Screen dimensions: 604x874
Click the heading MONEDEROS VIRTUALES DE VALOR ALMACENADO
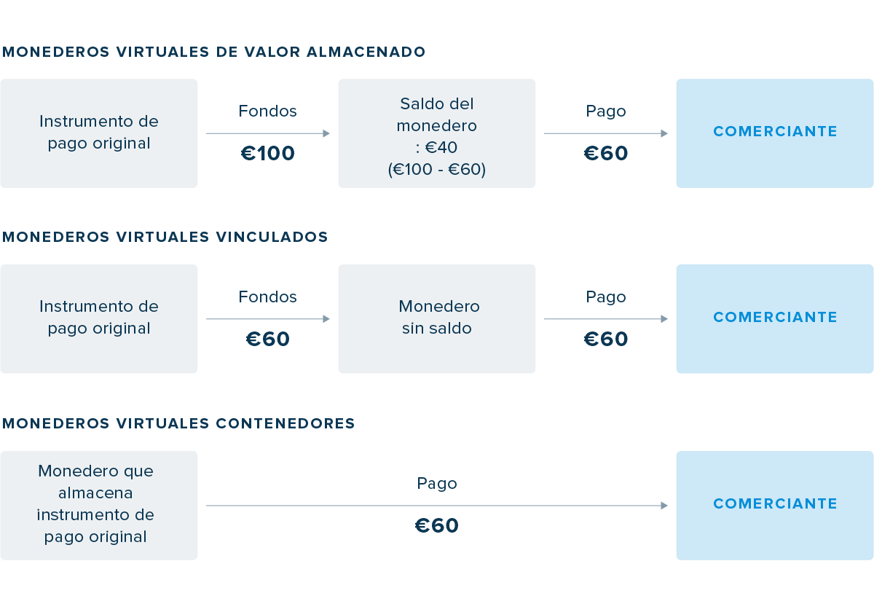(x=213, y=52)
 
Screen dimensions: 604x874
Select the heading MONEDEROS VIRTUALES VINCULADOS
(x=165, y=238)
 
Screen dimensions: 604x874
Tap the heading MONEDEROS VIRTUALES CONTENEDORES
(x=178, y=423)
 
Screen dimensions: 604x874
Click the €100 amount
(x=267, y=154)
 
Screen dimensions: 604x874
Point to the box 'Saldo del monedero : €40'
(x=436, y=133)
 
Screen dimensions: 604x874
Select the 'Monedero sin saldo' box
(x=436, y=318)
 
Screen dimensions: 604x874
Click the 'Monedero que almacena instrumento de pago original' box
(x=98, y=505)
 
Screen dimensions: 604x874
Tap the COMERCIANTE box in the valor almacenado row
(x=774, y=133)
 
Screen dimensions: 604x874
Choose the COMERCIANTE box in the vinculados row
(x=774, y=318)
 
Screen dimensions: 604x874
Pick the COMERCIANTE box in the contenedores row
(x=774, y=505)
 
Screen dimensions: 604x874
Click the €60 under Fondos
(x=267, y=340)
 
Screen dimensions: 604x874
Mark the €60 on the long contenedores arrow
(x=436, y=526)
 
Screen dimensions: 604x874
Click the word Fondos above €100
(x=267, y=111)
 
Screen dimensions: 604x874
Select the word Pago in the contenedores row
(x=436, y=484)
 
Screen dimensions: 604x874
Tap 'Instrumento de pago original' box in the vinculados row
(x=98, y=318)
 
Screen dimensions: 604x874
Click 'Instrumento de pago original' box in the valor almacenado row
(x=98, y=133)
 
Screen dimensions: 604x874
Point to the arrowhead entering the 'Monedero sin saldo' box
(x=326, y=319)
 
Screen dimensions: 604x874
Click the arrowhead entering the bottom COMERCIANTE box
(x=664, y=506)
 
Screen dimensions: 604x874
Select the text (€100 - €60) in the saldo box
(x=436, y=170)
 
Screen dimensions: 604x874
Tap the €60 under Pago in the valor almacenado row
(x=605, y=154)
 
